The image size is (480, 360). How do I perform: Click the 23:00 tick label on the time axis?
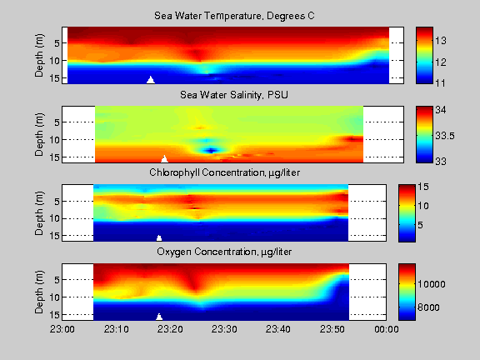click(63, 330)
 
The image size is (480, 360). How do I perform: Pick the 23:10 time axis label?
click(117, 330)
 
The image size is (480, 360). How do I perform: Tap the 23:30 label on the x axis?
click(225, 330)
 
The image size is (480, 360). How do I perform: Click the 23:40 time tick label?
click(279, 330)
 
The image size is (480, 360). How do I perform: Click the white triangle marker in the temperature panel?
click(151, 80)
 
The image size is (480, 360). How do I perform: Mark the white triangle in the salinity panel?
click(164, 158)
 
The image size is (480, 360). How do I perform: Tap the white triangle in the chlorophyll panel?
click(159, 237)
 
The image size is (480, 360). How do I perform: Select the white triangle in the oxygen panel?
click(159, 316)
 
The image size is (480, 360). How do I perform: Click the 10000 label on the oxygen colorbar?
click(449, 284)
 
